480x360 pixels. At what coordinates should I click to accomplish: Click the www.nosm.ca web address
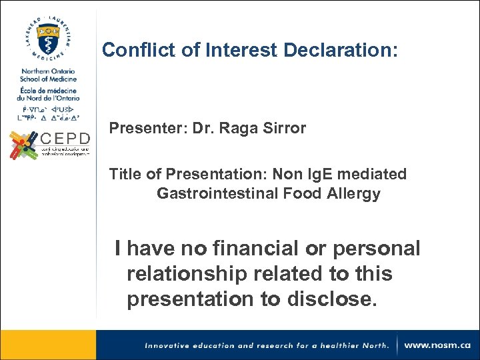point(437,345)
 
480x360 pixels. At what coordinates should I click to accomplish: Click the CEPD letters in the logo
point(65,139)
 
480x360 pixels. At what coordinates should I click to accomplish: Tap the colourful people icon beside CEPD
point(23,145)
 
